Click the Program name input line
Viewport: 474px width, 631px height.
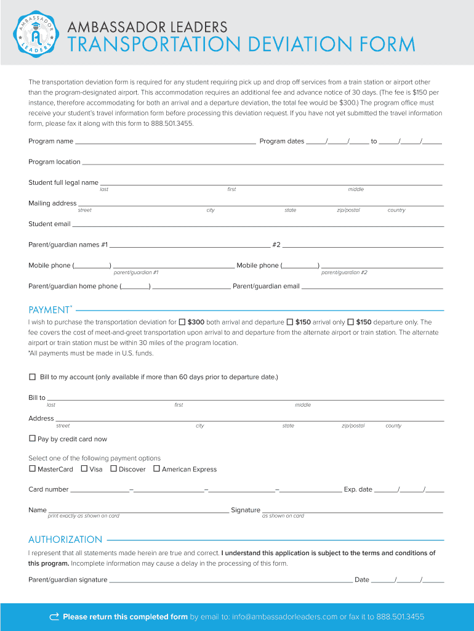(x=165, y=142)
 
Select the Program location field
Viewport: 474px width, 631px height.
(x=262, y=163)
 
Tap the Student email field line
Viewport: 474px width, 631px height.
(x=257, y=226)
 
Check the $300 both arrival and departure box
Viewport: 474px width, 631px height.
(x=182, y=322)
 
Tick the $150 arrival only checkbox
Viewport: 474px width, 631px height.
(x=290, y=322)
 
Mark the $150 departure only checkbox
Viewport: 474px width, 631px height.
(x=350, y=322)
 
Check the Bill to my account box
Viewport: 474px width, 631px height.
(x=33, y=377)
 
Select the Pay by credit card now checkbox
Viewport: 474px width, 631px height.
(x=32, y=439)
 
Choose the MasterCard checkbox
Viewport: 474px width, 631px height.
(x=32, y=469)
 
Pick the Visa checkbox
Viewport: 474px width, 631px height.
(x=84, y=469)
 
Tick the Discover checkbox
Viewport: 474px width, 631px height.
(x=113, y=469)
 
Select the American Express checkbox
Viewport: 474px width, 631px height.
(x=156, y=469)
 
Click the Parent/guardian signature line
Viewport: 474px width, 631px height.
(x=230, y=580)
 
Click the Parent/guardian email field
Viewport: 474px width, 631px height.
(x=372, y=287)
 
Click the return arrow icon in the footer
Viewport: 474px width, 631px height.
(x=54, y=617)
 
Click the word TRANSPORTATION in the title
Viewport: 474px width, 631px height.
(x=152, y=45)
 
